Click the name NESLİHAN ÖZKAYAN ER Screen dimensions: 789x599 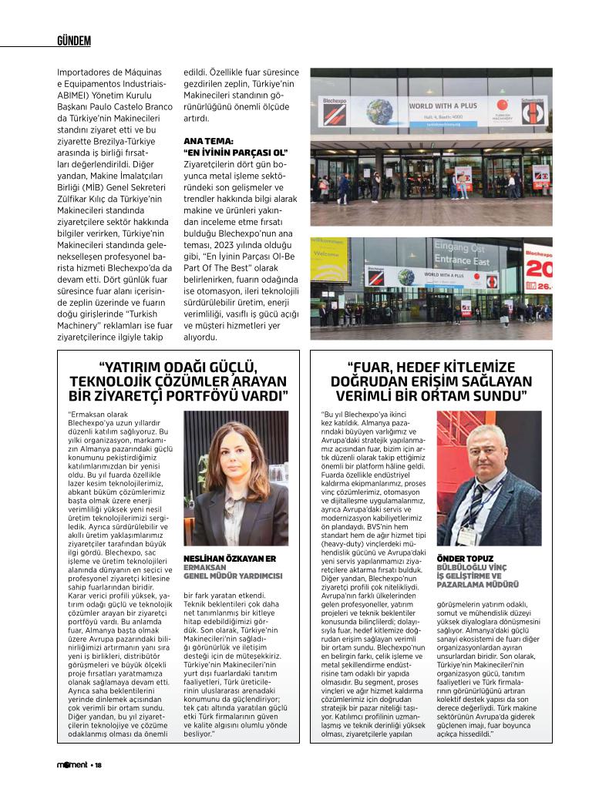pyautogui.click(x=227, y=558)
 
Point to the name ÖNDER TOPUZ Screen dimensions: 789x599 pyautogui.click(x=466, y=558)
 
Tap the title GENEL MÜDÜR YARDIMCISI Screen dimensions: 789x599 pyautogui.click(x=233, y=576)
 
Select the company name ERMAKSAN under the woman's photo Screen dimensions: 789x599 pyautogui.click(x=205, y=567)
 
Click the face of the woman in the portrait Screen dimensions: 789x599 pyautogui.click(x=235, y=455)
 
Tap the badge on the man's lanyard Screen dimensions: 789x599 pyautogui.click(x=466, y=532)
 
